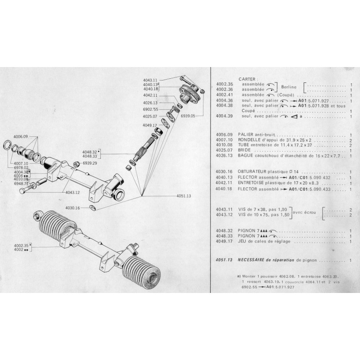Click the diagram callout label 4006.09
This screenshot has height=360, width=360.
pyautogui.click(x=21, y=136)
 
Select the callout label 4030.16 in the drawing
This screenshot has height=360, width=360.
pyautogui.click(x=72, y=208)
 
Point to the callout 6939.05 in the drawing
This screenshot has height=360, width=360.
pyautogui.click(x=189, y=116)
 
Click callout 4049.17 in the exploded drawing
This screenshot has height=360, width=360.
pyautogui.click(x=149, y=126)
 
